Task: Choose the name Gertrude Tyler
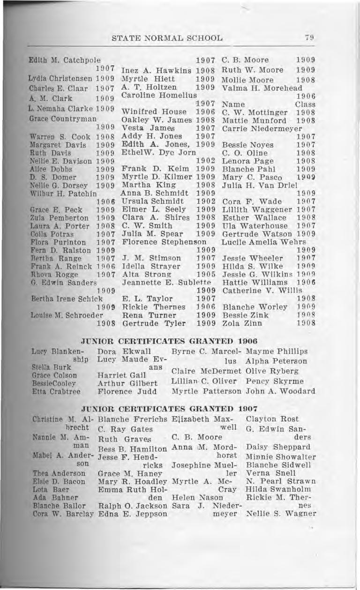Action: (148, 323)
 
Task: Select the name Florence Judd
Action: (120, 391)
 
